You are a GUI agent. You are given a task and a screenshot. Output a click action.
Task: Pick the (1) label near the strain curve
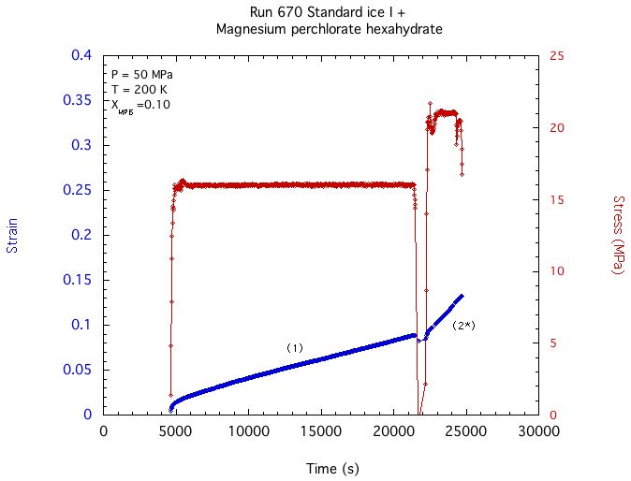pyautogui.click(x=295, y=348)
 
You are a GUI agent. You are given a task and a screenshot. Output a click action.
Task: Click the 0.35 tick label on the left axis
pyautogui.click(x=78, y=100)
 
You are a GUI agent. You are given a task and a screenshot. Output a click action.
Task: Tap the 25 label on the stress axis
pyautogui.click(x=556, y=55)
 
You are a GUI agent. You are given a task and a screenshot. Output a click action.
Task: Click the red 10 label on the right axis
pyautogui.click(x=556, y=270)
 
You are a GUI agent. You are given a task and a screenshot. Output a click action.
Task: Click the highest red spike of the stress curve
pyautogui.click(x=430, y=103)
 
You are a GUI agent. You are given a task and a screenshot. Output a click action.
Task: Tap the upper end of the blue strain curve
pyautogui.click(x=462, y=296)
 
